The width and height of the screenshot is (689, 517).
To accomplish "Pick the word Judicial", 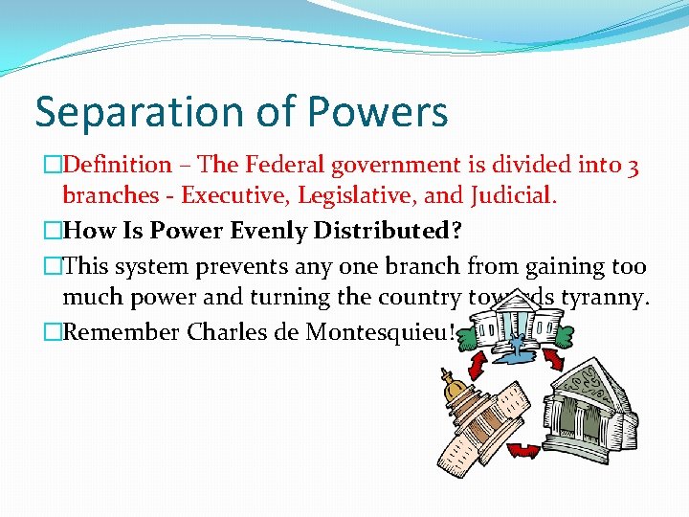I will pyautogui.click(x=512, y=196).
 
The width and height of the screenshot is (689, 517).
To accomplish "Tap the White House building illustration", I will pyautogui.click(x=512, y=321).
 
